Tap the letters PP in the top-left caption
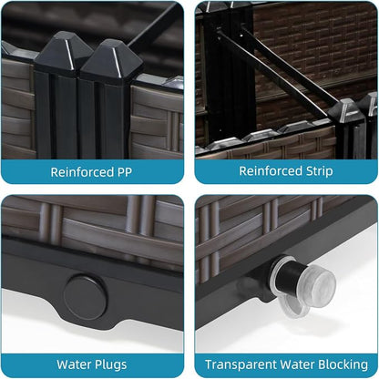coord(125,172)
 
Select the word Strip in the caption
coord(319,171)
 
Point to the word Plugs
coord(110,364)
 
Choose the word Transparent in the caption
coord(241,364)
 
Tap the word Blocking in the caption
coord(343,364)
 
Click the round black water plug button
coord(86,297)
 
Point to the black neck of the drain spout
coord(290,277)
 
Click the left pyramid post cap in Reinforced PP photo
coord(63,52)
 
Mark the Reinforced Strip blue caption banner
coord(286,171)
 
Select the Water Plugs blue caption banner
coord(92,365)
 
